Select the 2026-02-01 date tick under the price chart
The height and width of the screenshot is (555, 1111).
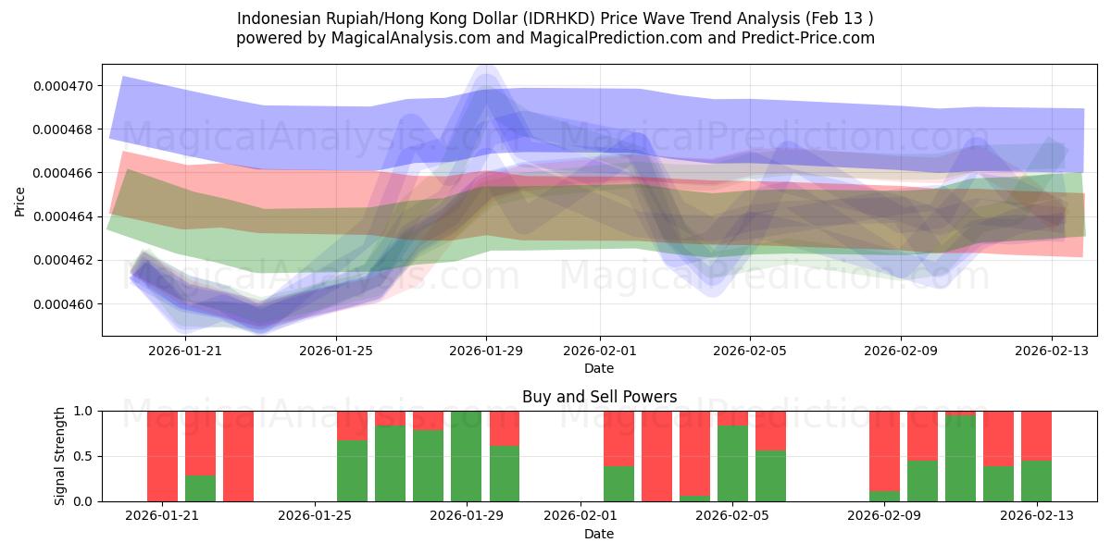tap(599, 351)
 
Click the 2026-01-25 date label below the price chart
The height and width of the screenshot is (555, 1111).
tap(336, 351)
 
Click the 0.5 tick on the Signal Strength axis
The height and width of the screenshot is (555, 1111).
tap(83, 457)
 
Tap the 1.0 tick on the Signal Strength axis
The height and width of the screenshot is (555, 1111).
tap(83, 411)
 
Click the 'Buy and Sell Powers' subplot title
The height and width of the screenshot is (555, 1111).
tap(599, 397)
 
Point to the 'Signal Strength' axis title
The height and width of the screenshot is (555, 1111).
tap(60, 456)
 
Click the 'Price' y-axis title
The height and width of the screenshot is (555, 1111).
tap(20, 201)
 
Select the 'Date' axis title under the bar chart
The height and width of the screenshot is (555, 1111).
tap(599, 534)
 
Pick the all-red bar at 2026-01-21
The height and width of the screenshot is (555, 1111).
tap(163, 456)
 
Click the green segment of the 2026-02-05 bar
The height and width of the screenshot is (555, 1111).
tap(732, 463)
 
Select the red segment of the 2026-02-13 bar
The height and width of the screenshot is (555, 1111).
tap(1036, 435)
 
